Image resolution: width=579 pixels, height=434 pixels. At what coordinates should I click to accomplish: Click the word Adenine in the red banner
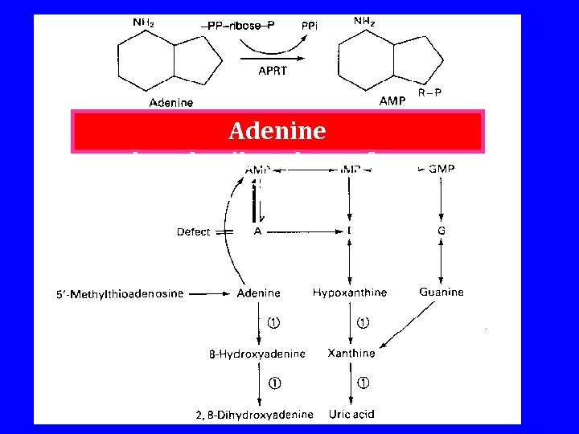coord(277,130)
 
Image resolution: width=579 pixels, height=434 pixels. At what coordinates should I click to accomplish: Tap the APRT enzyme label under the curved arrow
coord(272,71)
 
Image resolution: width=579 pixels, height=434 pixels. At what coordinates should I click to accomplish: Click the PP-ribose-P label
coord(240,26)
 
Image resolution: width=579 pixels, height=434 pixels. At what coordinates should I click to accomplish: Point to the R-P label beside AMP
coord(430,93)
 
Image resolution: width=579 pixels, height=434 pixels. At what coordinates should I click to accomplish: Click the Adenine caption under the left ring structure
coord(171,102)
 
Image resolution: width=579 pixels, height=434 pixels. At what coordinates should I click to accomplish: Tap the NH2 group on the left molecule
coord(143,23)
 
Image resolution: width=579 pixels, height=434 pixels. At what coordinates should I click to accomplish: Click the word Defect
coord(193,231)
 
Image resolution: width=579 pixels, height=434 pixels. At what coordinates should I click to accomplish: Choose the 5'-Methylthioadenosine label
coord(120,294)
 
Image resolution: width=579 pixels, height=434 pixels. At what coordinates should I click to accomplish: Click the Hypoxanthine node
coord(349,293)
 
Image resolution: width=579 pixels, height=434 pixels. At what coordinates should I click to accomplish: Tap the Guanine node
coord(441,293)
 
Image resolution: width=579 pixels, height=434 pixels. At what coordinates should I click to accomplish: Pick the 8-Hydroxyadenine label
coord(252,354)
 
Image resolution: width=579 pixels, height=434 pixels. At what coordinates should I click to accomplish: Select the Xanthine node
coord(351,353)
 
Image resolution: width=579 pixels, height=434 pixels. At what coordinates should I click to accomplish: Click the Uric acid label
coord(351,414)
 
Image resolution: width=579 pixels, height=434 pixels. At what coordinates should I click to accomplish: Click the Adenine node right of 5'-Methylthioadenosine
coord(258,293)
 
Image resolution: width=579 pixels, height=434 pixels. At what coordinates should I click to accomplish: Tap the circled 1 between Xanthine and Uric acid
coord(363,383)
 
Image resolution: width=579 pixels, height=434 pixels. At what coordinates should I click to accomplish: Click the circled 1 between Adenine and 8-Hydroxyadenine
coord(274,324)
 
